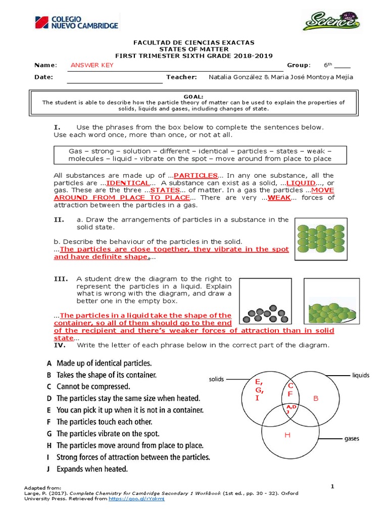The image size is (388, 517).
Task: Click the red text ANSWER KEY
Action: (x=92, y=65)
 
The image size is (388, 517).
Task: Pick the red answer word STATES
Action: (x=165, y=190)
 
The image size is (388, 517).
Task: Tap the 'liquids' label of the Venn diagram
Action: (x=360, y=375)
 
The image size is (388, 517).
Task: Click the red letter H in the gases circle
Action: (x=287, y=435)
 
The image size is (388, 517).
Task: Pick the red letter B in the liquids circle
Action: (x=316, y=398)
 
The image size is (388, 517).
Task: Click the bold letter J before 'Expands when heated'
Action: (x=49, y=469)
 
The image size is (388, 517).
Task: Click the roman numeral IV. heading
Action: (x=60, y=345)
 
